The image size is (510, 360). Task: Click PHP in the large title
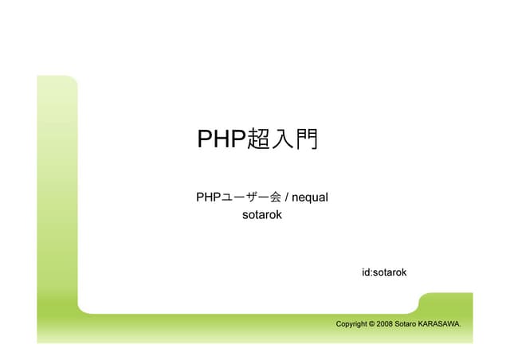(x=222, y=139)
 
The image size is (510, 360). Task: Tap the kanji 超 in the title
(x=259, y=139)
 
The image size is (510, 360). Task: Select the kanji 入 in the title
(x=282, y=139)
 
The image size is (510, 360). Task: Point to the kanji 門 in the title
(x=305, y=139)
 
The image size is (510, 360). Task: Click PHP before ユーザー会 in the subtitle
(x=207, y=196)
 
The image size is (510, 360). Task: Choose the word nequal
(x=311, y=197)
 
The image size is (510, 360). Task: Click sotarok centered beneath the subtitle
(x=262, y=214)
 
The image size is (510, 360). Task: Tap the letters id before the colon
(x=366, y=272)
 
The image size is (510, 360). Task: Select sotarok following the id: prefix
(x=390, y=272)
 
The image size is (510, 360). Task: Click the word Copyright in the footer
(x=351, y=324)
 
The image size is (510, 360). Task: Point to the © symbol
(x=372, y=324)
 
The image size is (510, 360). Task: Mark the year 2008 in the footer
(x=385, y=324)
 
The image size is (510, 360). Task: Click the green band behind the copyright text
(x=239, y=324)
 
